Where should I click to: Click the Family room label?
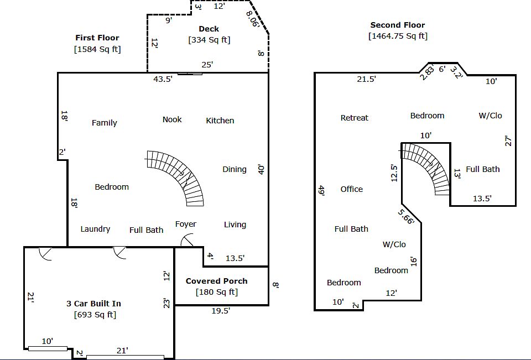104,123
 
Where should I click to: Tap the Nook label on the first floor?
172,119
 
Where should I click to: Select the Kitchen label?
220,121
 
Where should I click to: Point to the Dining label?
235,169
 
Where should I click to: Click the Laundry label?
95,229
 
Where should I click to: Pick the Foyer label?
186,224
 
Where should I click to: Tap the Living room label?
235,225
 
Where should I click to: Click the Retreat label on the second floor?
355,118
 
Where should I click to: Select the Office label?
352,189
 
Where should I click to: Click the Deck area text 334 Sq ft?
209,40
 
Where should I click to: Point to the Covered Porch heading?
216,281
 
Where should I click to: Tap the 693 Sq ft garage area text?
95,315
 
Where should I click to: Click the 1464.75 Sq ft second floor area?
398,36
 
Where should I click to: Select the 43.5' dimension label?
163,79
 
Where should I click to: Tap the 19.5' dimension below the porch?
221,311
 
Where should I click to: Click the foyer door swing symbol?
189,242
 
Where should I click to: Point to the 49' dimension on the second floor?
321,190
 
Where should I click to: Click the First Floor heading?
97,38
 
